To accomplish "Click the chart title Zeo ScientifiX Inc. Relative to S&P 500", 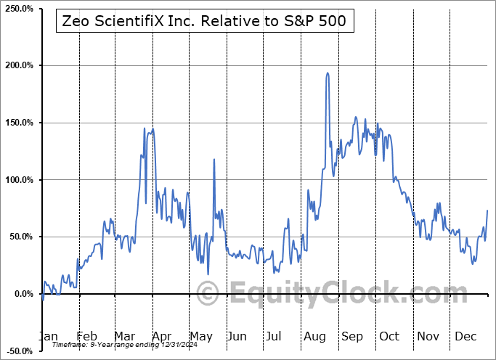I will point(205,22).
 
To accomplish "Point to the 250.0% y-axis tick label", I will point(18,9).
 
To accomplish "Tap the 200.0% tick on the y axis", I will point(18,65).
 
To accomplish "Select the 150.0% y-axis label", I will point(18,123).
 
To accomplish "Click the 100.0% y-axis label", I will point(18,180).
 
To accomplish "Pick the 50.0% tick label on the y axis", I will point(20,237).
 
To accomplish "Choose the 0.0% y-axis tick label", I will point(23,294).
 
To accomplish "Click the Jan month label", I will point(48,336).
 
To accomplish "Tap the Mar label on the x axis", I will point(124,336).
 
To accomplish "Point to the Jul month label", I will point(275,336).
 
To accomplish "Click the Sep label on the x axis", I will point(352,336).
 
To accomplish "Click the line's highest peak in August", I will point(328,73).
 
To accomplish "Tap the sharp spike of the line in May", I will point(214,159).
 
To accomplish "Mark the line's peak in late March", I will point(152,128).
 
